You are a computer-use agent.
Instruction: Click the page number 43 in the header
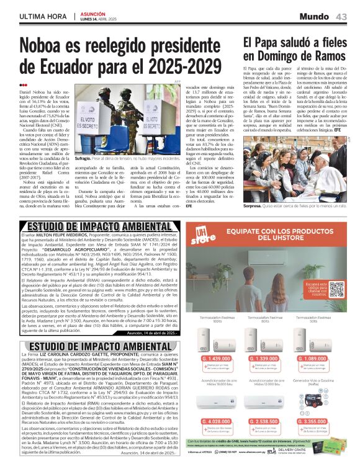[341, 16]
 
